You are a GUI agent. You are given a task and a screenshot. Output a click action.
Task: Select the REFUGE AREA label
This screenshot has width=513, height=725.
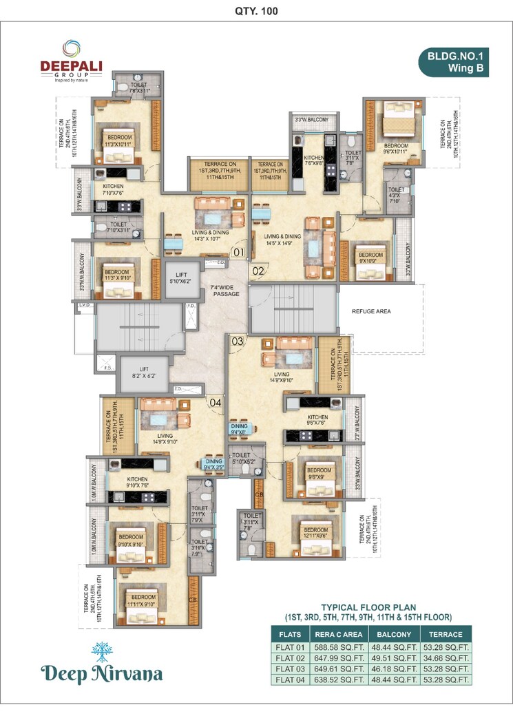(x=371, y=311)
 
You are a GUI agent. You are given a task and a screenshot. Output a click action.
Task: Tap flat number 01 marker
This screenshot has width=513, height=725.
(x=238, y=253)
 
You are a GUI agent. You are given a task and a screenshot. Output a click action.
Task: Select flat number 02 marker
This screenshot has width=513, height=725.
(x=258, y=271)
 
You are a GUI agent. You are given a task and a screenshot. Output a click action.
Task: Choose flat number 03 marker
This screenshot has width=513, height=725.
(x=237, y=341)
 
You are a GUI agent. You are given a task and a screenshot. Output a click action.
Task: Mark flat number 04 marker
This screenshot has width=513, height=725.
(x=216, y=403)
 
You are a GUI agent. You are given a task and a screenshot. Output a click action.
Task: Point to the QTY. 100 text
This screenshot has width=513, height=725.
(x=255, y=11)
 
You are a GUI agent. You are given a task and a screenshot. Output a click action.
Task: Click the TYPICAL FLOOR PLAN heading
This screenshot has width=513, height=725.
(x=369, y=608)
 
